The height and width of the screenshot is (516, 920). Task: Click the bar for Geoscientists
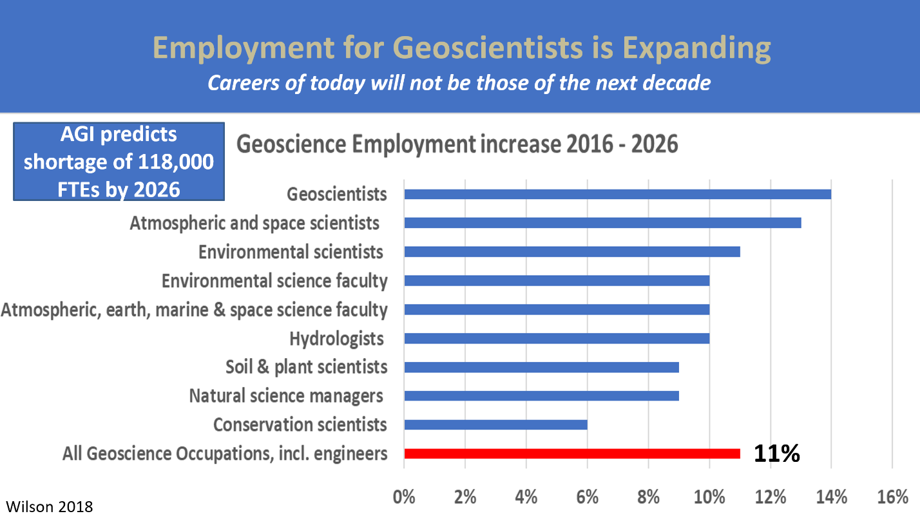pyautogui.click(x=618, y=195)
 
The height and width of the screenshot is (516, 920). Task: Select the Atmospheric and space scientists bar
pyautogui.click(x=602, y=223)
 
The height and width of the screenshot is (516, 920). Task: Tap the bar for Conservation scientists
pyautogui.click(x=495, y=425)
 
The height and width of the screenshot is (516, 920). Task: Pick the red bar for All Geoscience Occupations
pyautogui.click(x=572, y=454)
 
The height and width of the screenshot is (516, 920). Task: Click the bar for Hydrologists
pyautogui.click(x=557, y=338)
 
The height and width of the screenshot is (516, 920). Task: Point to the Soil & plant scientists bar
pyautogui.click(x=541, y=367)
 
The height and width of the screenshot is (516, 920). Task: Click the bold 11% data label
pyautogui.click(x=777, y=454)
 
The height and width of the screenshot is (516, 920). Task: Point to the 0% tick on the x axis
pyautogui.click(x=404, y=497)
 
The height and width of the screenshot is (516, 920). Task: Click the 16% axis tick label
pyautogui.click(x=892, y=497)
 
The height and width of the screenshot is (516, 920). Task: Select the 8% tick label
pyautogui.click(x=649, y=497)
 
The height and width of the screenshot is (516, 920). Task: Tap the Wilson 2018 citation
pyautogui.click(x=49, y=506)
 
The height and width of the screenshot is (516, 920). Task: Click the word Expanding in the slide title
pyautogui.click(x=696, y=49)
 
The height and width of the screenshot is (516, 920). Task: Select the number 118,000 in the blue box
pyautogui.click(x=176, y=162)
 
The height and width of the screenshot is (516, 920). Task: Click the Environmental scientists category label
pyautogui.click(x=291, y=253)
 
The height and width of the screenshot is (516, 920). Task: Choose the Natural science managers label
pyautogui.click(x=286, y=396)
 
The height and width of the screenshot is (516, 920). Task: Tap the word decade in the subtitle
pyautogui.click(x=676, y=83)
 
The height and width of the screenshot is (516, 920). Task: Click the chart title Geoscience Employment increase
pyautogui.click(x=457, y=144)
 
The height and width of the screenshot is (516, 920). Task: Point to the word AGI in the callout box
pyautogui.click(x=77, y=135)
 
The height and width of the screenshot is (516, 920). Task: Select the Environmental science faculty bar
pyautogui.click(x=557, y=281)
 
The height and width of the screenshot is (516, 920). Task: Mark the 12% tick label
pyautogui.click(x=771, y=497)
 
